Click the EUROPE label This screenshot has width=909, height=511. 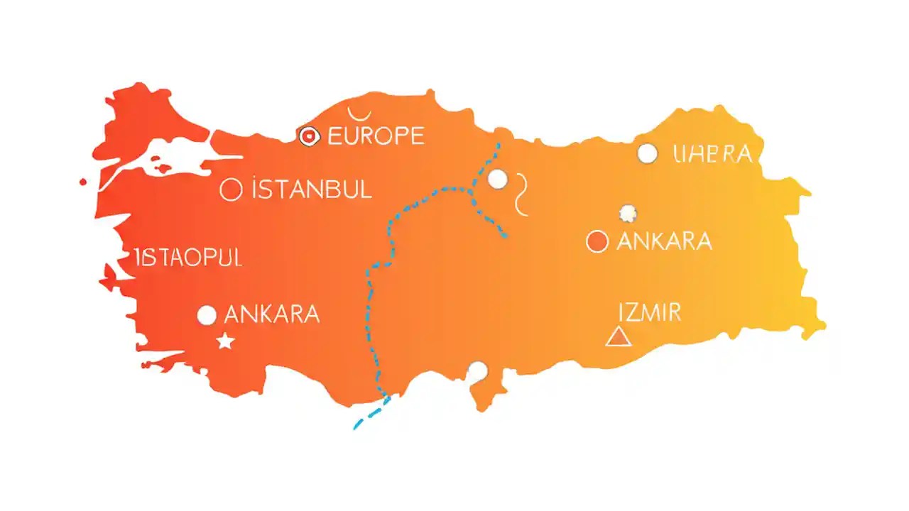click(376, 136)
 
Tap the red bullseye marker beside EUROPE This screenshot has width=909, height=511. click(309, 136)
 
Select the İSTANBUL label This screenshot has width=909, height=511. click(312, 189)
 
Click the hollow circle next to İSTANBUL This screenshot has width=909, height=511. click(231, 189)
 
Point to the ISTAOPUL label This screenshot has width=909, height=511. click(188, 258)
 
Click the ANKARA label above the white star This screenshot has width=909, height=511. click(271, 314)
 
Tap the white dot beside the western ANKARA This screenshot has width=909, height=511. click(207, 315)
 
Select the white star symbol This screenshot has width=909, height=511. click(226, 341)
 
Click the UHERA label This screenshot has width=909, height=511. click(712, 153)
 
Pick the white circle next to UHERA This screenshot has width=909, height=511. click(647, 153)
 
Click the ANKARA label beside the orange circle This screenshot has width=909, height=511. click(664, 241)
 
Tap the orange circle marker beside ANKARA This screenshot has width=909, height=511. click(597, 241)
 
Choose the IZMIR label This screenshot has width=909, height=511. click(650, 312)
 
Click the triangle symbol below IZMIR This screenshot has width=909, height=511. click(618, 336)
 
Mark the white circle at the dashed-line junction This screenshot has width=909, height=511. click(498, 179)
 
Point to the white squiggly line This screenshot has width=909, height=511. click(522, 193)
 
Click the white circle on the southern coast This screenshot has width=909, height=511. click(478, 370)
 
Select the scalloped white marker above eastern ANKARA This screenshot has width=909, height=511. click(628, 212)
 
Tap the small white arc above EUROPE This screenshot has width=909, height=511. click(359, 113)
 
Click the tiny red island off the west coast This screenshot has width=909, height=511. click(83, 182)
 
